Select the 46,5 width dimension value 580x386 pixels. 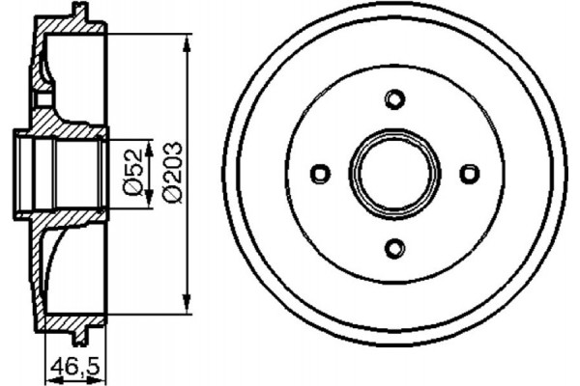click(x=74, y=366)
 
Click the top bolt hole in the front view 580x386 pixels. click(x=393, y=99)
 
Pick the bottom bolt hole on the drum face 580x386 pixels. click(x=393, y=248)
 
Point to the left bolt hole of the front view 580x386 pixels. click(x=319, y=174)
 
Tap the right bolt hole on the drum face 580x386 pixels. click(x=469, y=174)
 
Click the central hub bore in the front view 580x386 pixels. click(x=393, y=174)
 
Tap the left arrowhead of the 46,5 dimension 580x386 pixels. click(x=48, y=378)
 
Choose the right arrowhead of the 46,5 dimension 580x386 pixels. click(x=101, y=378)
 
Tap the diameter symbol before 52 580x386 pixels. click(x=135, y=189)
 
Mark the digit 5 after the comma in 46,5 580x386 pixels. click(x=94, y=366)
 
